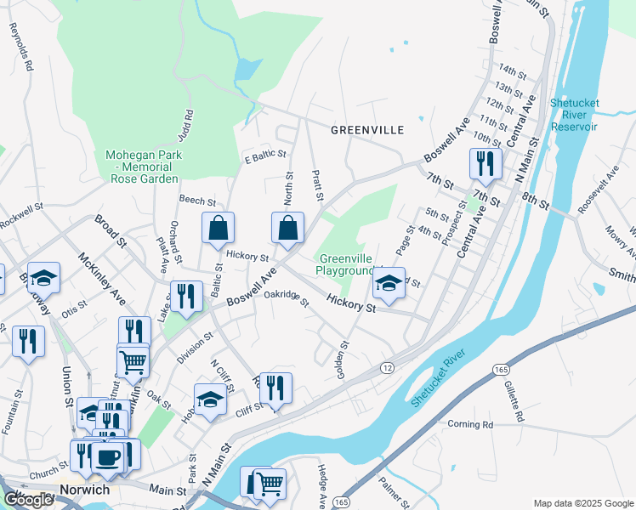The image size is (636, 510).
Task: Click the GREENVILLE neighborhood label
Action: pyautogui.click(x=366, y=130)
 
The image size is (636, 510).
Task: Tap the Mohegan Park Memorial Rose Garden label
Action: pyautogui.click(x=141, y=167)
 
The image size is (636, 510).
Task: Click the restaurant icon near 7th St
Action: pyautogui.click(x=486, y=164)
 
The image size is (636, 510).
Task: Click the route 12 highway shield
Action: pyautogui.click(x=387, y=366)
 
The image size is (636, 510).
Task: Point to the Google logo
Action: pyautogui.click(x=29, y=500)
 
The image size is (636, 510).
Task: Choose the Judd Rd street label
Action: pyautogui.click(x=186, y=125)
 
